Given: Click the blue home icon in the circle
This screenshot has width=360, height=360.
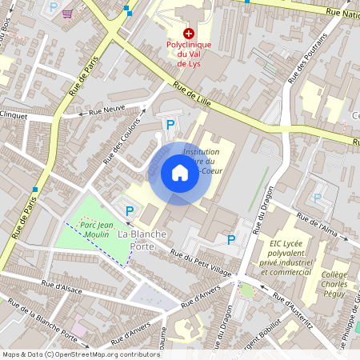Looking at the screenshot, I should pyautogui.click(x=179, y=172).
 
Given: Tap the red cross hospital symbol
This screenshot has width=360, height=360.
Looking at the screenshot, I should pyautogui.click(x=189, y=33).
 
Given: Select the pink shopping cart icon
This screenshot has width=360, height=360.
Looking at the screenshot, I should pyautogui.click(x=67, y=14).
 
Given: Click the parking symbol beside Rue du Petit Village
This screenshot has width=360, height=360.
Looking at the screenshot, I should pyautogui.click(x=232, y=239).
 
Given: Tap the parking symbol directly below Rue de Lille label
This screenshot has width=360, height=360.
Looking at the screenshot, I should pyautogui.click(x=170, y=124).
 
